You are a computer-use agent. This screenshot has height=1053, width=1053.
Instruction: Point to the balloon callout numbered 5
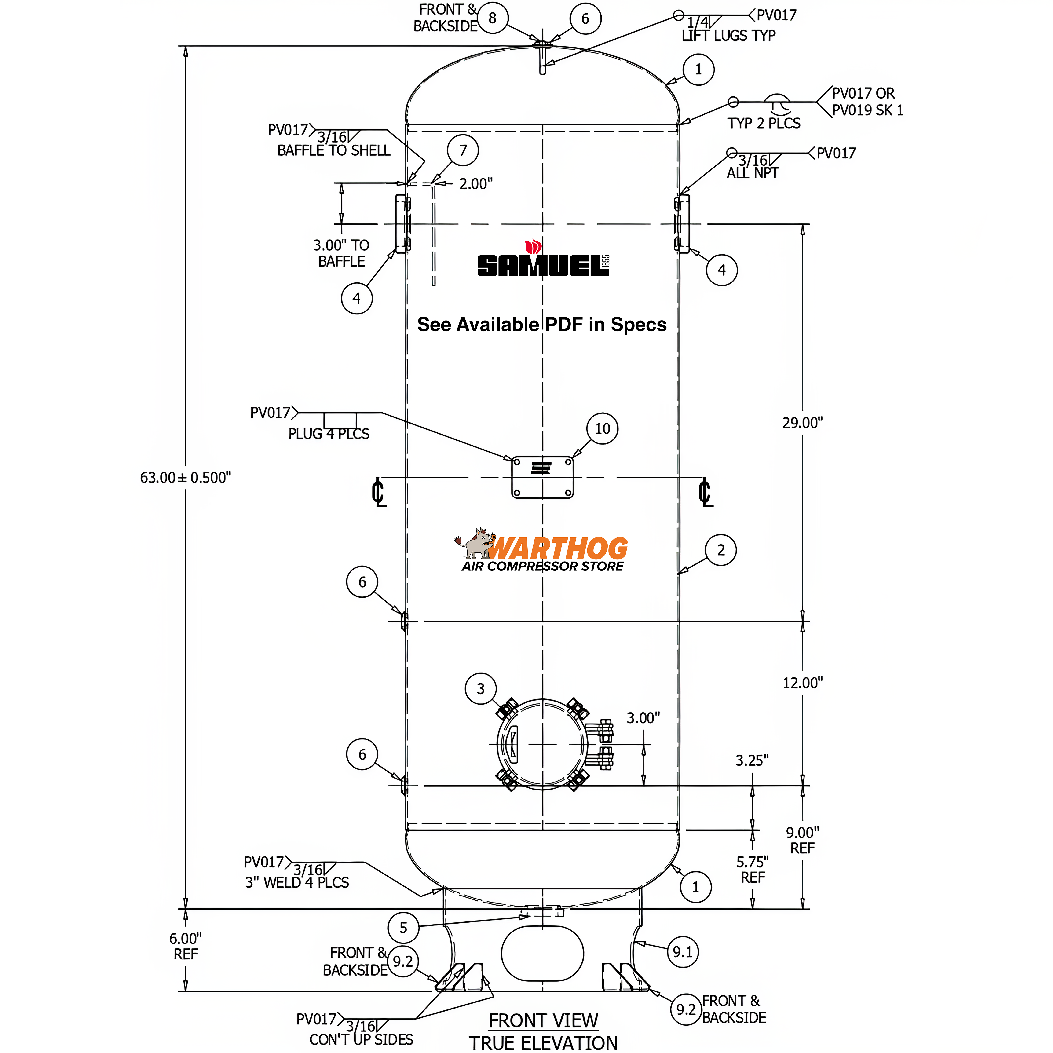point(403,928)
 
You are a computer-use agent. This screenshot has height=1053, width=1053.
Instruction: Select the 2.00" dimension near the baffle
point(475,184)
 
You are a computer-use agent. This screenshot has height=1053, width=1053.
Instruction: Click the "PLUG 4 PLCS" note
point(329,434)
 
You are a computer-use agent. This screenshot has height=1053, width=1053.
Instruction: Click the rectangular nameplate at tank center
point(542,477)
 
